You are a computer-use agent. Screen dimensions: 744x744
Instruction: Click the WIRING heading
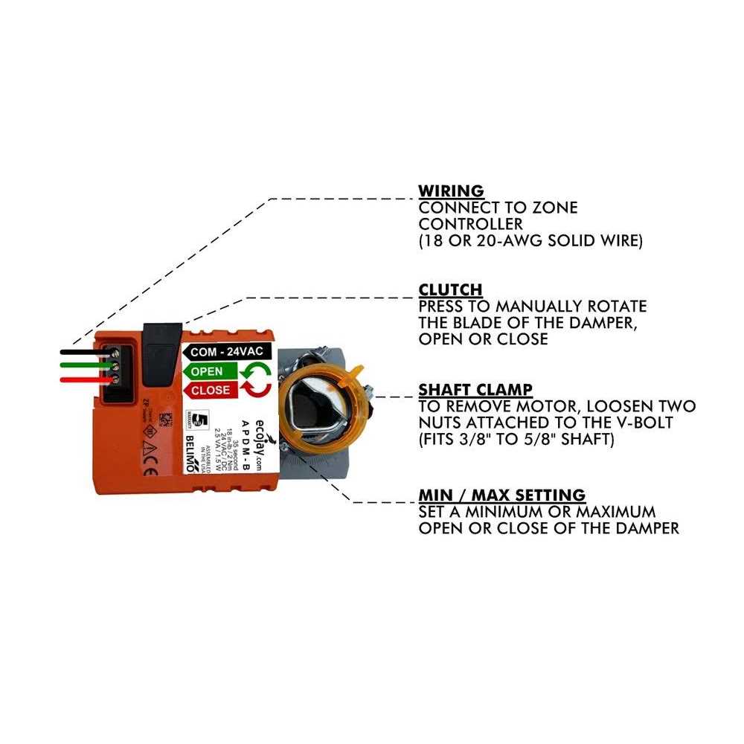coord(451,191)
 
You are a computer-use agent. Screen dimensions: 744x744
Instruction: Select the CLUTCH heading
coord(450,289)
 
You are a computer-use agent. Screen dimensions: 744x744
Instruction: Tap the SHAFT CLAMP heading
coord(475,389)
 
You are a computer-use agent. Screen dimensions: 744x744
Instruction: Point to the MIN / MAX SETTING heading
coord(501,495)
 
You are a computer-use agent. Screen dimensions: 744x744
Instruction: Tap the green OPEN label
coord(206,371)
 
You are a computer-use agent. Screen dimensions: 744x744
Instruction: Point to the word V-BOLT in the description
coord(654,423)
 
